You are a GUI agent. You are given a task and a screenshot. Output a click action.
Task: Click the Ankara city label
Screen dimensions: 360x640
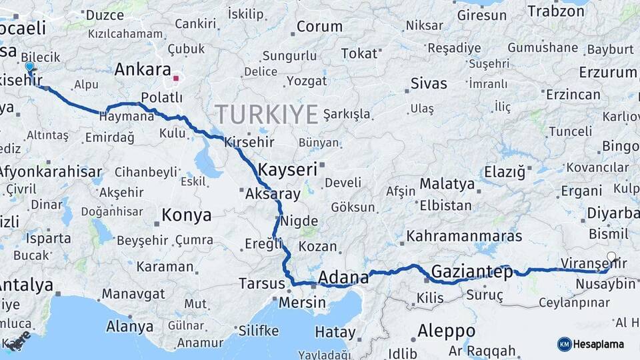point(143,69)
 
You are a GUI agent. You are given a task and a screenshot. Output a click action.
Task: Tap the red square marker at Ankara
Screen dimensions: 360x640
point(176,78)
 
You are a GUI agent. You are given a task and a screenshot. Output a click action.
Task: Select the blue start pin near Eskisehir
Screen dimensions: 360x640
point(29,67)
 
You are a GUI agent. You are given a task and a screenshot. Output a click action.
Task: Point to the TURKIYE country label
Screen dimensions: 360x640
point(266,115)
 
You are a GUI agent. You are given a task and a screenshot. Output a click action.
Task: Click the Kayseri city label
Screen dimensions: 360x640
point(287,169)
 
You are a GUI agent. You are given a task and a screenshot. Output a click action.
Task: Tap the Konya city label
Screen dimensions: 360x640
point(187,215)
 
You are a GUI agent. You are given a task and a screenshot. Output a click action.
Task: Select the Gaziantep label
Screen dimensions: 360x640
point(472,271)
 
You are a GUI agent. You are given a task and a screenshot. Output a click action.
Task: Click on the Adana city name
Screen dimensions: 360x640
point(343,277)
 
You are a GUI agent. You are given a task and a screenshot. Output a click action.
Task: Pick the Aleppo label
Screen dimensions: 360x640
point(446,331)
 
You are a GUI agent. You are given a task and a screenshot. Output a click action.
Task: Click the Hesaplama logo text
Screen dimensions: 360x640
point(600,344)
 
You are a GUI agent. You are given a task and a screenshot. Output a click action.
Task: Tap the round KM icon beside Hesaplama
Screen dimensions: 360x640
point(564,344)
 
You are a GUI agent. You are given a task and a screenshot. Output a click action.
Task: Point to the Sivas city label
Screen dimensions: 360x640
point(429,83)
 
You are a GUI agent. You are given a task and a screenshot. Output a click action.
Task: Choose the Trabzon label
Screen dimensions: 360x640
point(555,11)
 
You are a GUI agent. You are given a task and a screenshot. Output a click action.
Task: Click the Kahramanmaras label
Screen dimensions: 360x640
point(464,236)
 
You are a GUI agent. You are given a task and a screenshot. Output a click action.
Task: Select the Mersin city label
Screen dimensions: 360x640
point(302,302)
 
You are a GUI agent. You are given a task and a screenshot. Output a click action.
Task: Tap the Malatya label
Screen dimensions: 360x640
point(447,183)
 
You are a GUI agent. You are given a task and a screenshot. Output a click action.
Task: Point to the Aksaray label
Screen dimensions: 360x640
point(273,194)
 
